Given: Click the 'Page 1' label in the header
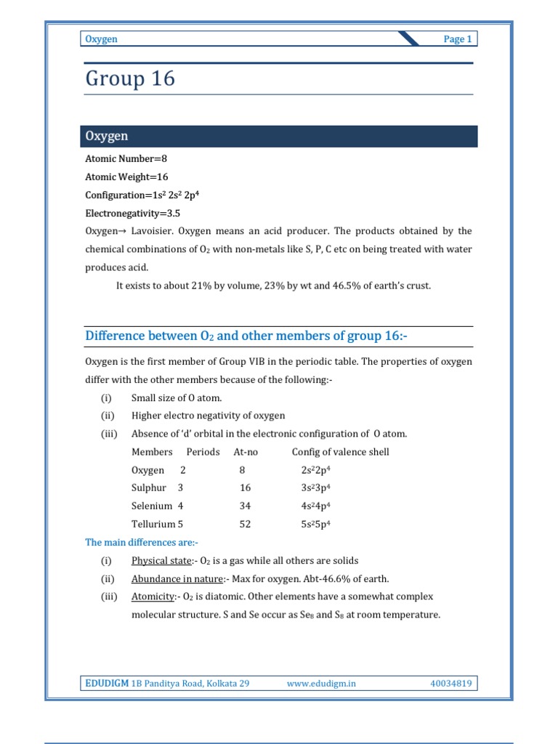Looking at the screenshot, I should [458, 39].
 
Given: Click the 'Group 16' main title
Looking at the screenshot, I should [130, 78].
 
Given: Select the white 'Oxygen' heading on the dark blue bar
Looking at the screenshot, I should [107, 136].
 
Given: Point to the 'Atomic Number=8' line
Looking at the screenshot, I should [126, 158].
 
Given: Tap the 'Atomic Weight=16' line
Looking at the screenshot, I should [126, 177].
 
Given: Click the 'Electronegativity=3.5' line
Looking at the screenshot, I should [132, 214].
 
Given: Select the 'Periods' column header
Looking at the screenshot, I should [203, 452].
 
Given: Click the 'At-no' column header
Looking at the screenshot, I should [246, 452].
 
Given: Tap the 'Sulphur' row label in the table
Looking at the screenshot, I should [149, 488].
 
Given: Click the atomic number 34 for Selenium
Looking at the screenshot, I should [245, 506].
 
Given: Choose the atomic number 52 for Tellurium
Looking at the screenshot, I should [245, 524].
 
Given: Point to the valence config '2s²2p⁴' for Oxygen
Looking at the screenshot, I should [316, 470].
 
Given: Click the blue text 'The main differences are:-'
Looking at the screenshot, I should [142, 542].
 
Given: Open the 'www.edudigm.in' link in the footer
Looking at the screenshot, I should [321, 683].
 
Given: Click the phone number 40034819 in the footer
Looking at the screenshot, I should [451, 683].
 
